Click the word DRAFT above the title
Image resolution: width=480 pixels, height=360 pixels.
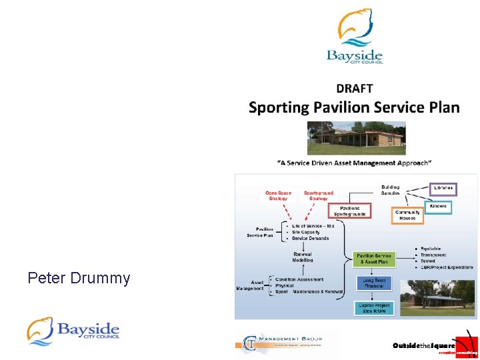point(354,88)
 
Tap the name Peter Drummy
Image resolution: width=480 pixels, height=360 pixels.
point(79,278)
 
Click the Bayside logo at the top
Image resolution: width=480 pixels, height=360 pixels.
point(355,37)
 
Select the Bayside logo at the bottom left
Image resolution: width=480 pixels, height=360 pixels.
point(73,331)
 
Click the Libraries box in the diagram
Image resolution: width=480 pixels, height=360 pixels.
point(443,188)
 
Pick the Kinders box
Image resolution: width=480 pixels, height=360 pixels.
point(437,207)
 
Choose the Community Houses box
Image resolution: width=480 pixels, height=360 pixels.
point(407,215)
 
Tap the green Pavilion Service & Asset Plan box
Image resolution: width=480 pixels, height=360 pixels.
point(374,259)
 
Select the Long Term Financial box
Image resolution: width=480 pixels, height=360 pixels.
point(375,283)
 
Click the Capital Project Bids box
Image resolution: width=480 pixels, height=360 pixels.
point(375,307)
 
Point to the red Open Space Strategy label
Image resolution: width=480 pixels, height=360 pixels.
point(277,195)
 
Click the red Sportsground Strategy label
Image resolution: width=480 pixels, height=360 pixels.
point(319,195)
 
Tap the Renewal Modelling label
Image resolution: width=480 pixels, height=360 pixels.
point(303,257)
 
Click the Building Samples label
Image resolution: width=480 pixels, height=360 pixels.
point(390,190)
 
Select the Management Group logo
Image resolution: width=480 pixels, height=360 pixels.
point(287,342)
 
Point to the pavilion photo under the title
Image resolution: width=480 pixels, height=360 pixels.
point(355,138)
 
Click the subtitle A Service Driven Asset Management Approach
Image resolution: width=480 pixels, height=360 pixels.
point(354,163)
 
